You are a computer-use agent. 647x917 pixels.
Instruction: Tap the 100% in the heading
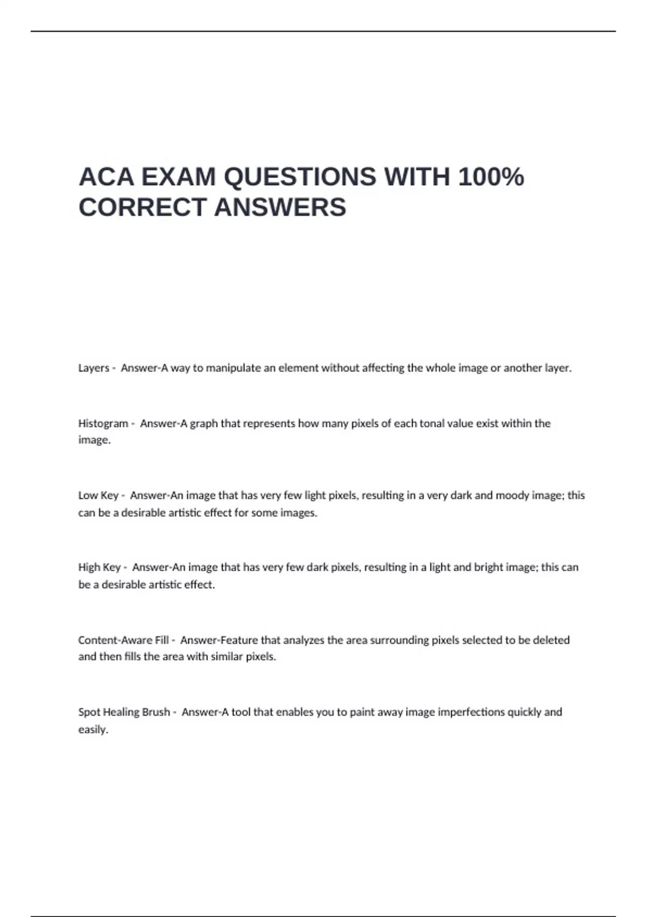pyautogui.click(x=491, y=177)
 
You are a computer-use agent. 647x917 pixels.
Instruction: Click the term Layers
pyautogui.click(x=94, y=368)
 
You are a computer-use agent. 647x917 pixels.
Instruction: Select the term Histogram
pyautogui.click(x=103, y=424)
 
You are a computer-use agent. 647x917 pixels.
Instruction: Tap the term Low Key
pyautogui.click(x=98, y=496)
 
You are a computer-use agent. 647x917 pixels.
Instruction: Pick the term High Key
pyautogui.click(x=99, y=567)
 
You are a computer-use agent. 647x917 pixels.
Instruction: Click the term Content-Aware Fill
pyautogui.click(x=123, y=640)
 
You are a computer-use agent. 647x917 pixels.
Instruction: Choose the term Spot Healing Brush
pyautogui.click(x=124, y=712)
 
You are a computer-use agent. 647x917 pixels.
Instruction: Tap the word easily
pyautogui.click(x=93, y=730)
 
